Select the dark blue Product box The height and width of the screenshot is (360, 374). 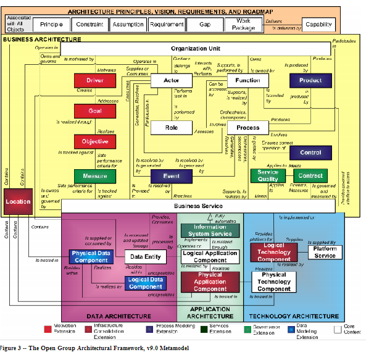pyautogui.click(x=310, y=80)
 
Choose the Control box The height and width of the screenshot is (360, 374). pyautogui.click(x=310, y=152)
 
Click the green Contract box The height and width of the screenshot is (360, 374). pyautogui.click(x=310, y=176)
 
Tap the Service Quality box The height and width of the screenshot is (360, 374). pyautogui.click(x=267, y=176)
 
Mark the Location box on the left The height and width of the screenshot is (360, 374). pyautogui.click(x=18, y=202)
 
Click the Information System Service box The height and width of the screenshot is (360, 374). pyautogui.click(x=210, y=230)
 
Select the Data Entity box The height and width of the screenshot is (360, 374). pyautogui.click(x=146, y=257)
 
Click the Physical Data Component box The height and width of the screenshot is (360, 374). pyautogui.click(x=91, y=256)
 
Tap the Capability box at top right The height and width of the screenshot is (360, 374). pyautogui.click(x=318, y=25)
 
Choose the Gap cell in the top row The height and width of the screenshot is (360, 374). pyautogui.click(x=206, y=25)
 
